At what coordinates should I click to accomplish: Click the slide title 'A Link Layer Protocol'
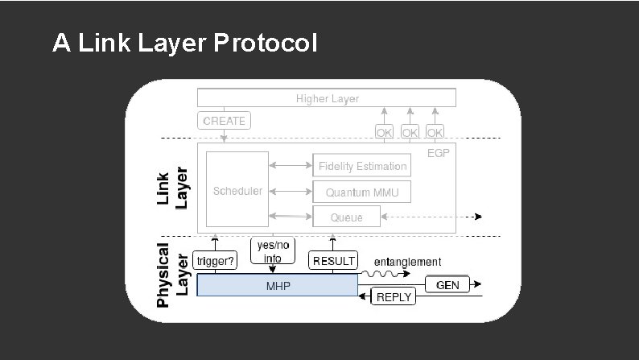coord(184,43)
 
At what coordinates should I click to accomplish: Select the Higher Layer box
coord(327,98)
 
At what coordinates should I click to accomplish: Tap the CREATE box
coord(224,121)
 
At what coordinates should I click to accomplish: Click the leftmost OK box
coord(384,131)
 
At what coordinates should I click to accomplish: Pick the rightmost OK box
coord(435,131)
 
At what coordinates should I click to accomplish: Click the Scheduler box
coord(237,190)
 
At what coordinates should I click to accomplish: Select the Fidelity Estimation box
coord(362,167)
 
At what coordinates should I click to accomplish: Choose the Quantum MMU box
coord(362,192)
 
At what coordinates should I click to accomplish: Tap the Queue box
coord(345,217)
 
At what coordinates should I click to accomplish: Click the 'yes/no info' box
coord(272,252)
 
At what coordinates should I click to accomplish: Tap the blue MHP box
coord(278,286)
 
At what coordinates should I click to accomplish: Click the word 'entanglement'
coord(409,262)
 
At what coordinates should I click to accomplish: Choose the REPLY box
coord(394,297)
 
